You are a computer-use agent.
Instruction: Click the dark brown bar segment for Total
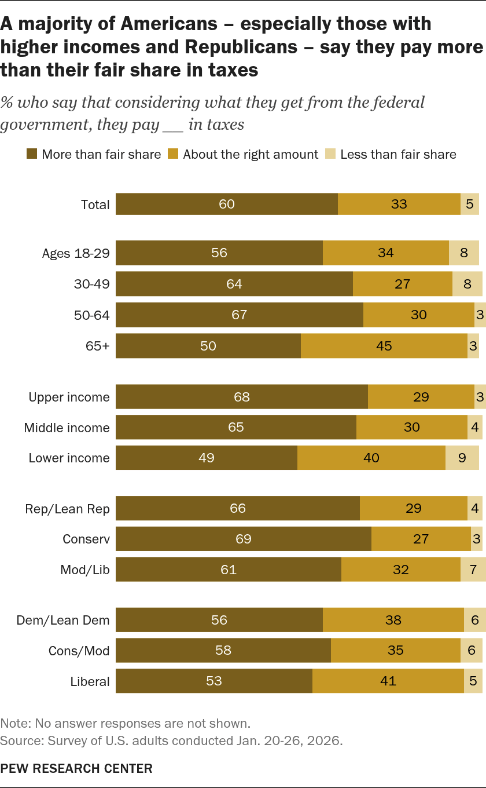click(x=227, y=204)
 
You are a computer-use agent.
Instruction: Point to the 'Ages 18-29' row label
click(x=76, y=253)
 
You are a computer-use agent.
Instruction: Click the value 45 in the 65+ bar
click(x=384, y=346)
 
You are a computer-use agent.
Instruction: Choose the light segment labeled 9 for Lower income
click(x=462, y=458)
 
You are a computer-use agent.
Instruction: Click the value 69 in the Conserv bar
click(x=244, y=539)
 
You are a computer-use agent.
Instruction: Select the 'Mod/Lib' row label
click(x=85, y=570)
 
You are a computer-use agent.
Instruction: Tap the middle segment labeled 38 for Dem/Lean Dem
click(x=393, y=620)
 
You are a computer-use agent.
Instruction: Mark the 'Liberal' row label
click(x=90, y=681)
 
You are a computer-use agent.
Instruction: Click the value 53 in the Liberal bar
click(x=214, y=681)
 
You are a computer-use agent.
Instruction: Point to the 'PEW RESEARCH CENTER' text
click(x=76, y=769)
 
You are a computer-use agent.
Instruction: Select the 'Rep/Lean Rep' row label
click(x=67, y=509)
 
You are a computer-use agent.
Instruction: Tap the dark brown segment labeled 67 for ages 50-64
click(x=239, y=315)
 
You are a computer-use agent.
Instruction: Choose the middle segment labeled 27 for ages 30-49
click(x=402, y=284)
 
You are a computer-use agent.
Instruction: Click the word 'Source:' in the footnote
click(x=18, y=740)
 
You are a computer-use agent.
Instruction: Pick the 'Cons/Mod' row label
click(x=79, y=651)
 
